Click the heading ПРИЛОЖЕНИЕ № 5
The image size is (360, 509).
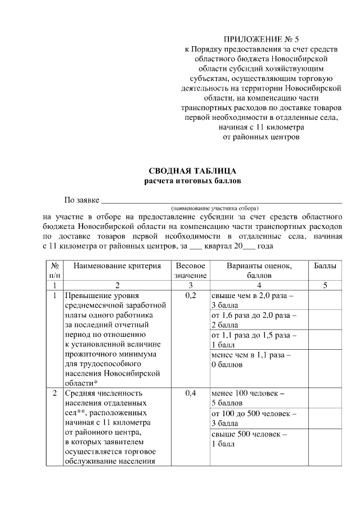[262, 39]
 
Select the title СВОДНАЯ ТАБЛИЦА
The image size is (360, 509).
[192, 171]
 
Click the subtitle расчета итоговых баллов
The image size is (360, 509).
[192, 181]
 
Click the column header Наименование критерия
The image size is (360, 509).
[117, 265]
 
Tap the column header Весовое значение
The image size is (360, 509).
[191, 271]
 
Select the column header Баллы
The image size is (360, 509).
[325, 265]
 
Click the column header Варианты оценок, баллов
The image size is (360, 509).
[259, 271]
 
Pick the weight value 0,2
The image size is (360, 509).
[191, 295]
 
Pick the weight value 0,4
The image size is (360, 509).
[191, 393]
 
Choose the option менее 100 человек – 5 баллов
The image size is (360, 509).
[248, 398]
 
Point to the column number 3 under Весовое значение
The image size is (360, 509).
[191, 285]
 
